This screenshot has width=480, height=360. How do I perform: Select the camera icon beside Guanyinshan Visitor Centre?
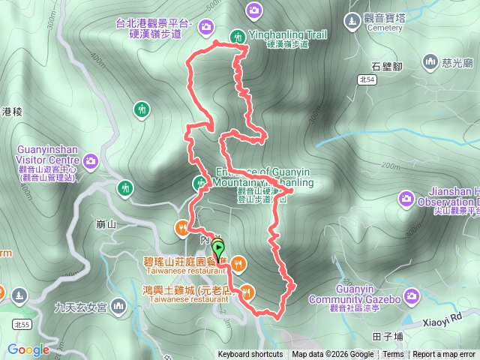tap(91, 160)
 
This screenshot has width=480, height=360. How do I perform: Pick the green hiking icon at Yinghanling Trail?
tap(238, 35)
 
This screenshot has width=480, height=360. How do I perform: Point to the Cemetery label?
tap(385, 28)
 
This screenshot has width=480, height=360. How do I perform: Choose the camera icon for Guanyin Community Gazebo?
tap(410, 297)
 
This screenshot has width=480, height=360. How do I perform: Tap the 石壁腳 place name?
tap(387, 67)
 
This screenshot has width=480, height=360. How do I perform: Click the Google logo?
tap(28, 349)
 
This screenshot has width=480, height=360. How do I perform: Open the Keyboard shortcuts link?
tap(250, 355)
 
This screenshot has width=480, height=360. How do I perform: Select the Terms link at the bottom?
tap(393, 355)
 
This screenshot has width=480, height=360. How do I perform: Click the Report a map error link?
tap(444, 355)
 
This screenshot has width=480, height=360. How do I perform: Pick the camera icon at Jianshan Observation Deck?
tap(406, 199)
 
